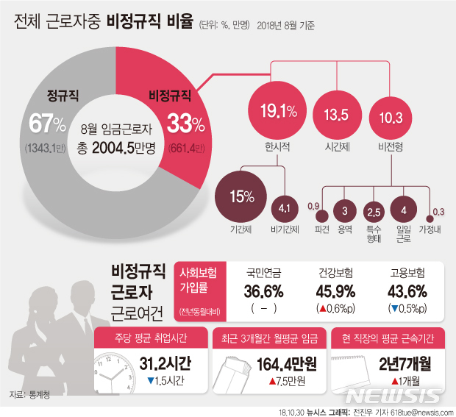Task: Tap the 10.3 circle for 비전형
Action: [x=390, y=115]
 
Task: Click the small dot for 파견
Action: [x=321, y=216]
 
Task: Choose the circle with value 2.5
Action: [x=373, y=212]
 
